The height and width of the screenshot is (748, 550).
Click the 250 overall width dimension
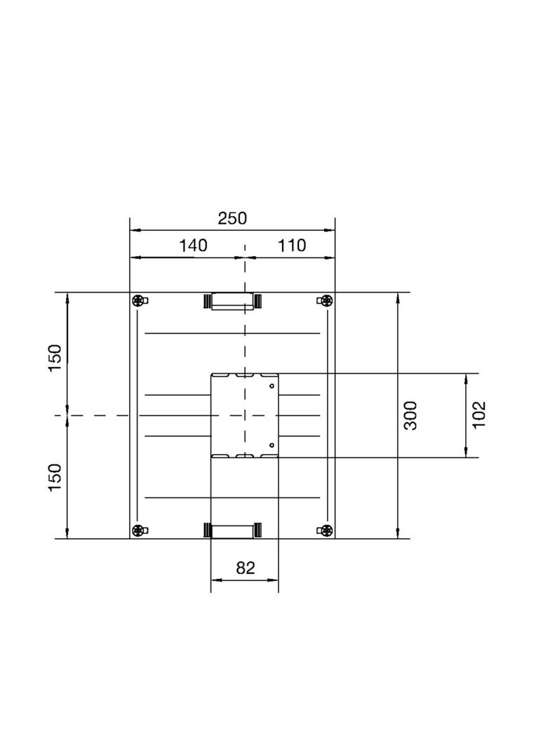pos(232,218)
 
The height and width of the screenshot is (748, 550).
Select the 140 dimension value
pos(193,246)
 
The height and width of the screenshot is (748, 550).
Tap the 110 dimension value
pos(292,246)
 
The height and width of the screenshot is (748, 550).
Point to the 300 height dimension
pos(411,415)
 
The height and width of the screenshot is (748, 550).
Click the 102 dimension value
pos(480,415)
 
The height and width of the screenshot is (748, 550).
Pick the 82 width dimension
pos(246,568)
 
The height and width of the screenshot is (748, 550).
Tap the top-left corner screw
pos(139,301)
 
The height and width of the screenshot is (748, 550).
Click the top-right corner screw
pos(326,301)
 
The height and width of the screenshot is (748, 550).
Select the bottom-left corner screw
pos(139,530)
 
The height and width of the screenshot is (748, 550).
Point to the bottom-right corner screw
pos(326,530)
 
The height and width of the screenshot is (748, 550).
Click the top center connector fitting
pos(232,302)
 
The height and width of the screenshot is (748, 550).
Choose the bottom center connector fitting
pos(232,530)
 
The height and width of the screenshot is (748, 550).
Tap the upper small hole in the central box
pos(271,385)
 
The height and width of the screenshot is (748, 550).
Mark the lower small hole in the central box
pos(271,445)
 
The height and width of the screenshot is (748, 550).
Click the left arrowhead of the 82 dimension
pos(215,580)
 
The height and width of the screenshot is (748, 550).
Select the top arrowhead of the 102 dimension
pos(467,378)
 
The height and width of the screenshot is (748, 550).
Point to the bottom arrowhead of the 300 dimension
pos(398,535)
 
